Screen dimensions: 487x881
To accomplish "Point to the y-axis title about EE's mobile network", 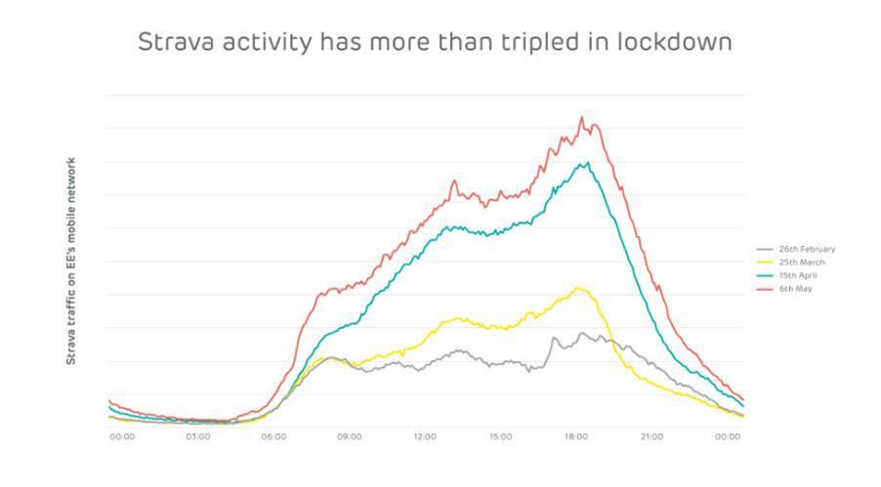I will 71,261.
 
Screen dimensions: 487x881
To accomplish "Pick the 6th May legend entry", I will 795,289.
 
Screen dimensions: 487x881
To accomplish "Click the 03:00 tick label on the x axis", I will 197,436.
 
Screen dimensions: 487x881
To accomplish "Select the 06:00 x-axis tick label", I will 273,436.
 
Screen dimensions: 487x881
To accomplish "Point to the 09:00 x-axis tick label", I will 349,436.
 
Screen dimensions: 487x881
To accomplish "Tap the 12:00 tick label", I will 425,436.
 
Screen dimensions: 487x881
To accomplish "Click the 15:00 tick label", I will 500,436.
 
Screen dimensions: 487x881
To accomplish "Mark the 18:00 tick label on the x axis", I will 576,436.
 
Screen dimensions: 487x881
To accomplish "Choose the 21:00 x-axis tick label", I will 651,436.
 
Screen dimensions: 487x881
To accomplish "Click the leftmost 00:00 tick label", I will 122,436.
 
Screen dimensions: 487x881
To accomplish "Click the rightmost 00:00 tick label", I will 728,436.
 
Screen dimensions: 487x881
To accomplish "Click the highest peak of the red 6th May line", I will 582,117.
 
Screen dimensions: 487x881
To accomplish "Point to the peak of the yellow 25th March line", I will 580,288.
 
